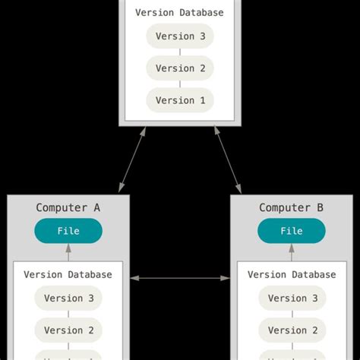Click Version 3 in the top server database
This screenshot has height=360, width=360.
(180, 36)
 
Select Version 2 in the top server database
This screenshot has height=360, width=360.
(180, 68)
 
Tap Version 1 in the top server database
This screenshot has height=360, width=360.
(180, 100)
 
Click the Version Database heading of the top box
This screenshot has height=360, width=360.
(180, 13)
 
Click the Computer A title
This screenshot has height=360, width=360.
(68, 207)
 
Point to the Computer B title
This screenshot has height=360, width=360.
(291, 207)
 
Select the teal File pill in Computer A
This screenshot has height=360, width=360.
(68, 231)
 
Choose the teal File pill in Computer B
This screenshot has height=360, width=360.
(291, 231)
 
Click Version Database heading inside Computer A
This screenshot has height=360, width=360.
(68, 274)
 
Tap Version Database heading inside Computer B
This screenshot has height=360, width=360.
(291, 274)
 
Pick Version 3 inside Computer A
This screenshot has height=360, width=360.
(68, 298)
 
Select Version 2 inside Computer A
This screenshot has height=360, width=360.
(68, 330)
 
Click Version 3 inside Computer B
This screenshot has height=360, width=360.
(291, 298)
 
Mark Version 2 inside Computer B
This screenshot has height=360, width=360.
(291, 330)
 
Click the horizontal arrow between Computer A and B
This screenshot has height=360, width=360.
(180, 278)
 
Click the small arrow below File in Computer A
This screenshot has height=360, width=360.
(68, 253)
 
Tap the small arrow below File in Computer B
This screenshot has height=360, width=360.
(291, 253)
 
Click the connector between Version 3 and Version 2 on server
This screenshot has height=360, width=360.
(180, 52)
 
